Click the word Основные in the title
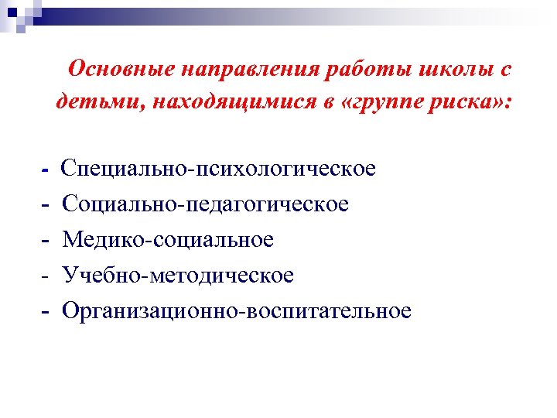coord(121,70)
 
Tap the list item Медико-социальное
coord(168,240)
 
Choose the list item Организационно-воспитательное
coord(237,311)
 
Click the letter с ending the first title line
coord(505,71)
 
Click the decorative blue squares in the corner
coord(17,14)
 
